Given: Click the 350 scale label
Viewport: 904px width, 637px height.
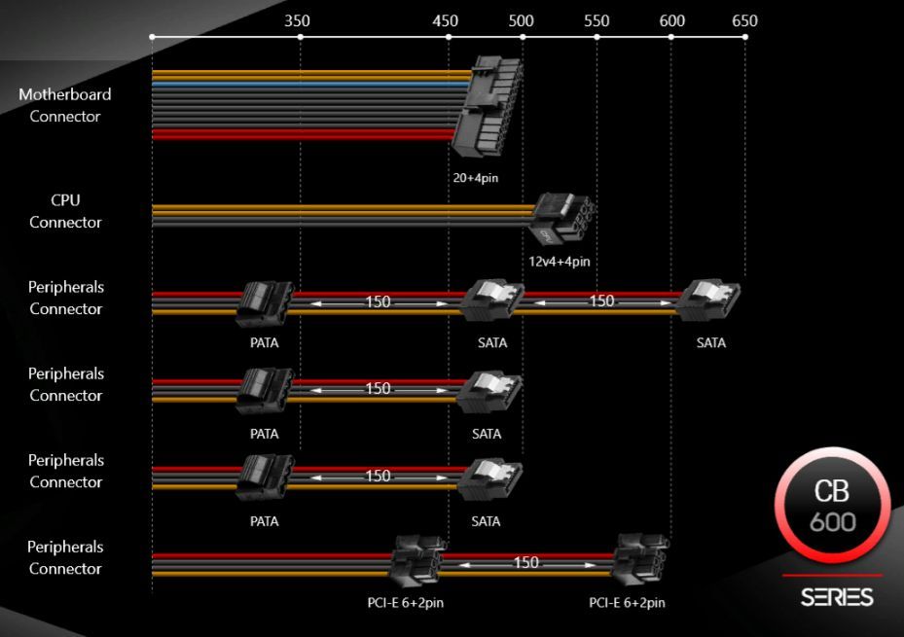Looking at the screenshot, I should pos(299,20).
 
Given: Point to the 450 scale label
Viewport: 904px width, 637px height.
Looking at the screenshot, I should pos(447,20).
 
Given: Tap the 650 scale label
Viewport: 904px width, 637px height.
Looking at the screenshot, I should pos(743,20).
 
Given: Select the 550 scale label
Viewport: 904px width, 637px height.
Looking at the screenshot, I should pos(596,20).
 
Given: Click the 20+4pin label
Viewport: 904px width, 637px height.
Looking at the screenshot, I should pos(476,178).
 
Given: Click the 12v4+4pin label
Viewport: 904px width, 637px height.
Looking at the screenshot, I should pos(560,261).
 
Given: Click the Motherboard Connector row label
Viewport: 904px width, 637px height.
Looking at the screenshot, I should pos(65,105).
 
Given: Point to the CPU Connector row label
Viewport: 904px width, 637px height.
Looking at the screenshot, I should pos(65,211).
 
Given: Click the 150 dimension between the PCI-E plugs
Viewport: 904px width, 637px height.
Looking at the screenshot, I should pos(525,563).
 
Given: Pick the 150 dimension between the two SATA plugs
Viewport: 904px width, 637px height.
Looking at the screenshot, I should pos(602,301).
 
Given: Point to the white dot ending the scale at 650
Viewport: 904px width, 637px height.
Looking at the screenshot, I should pos(745,37).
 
